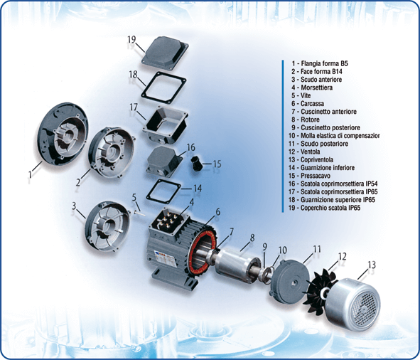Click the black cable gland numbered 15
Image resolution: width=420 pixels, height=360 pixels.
198,164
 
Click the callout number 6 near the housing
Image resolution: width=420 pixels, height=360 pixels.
217,211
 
